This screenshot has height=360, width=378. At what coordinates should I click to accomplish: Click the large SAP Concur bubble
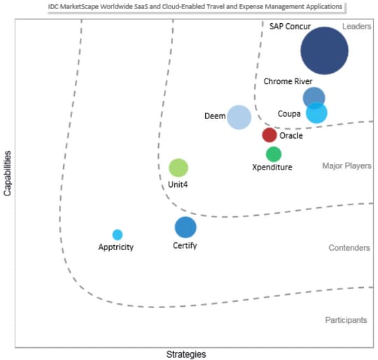click(x=324, y=50)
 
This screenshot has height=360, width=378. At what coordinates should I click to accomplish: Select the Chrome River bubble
click(x=314, y=97)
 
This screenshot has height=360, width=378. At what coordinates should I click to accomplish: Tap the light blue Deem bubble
click(x=239, y=117)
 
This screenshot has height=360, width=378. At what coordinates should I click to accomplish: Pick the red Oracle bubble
click(x=269, y=135)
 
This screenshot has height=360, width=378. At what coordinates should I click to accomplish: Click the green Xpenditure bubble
click(x=274, y=154)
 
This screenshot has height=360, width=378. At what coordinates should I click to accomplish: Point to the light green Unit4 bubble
click(x=178, y=168)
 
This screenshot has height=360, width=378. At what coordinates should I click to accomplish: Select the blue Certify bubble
click(x=185, y=228)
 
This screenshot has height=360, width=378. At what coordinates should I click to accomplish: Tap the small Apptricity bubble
click(x=118, y=235)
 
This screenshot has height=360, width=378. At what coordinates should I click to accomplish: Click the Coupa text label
click(x=289, y=113)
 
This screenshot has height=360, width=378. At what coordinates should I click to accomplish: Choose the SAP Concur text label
click(x=290, y=27)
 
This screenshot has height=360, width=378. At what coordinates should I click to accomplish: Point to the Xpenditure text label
click(x=272, y=167)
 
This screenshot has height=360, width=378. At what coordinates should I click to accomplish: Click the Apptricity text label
click(x=116, y=247)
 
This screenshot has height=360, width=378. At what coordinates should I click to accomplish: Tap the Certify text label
click(x=185, y=246)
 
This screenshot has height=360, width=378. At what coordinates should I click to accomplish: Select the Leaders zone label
click(x=356, y=27)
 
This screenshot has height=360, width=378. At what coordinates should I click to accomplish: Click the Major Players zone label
click(x=346, y=166)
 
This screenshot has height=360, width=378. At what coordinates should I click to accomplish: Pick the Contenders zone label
click(x=349, y=248)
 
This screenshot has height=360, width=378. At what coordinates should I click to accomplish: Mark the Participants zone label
click(x=346, y=320)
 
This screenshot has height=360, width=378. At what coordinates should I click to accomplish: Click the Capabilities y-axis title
click(x=8, y=174)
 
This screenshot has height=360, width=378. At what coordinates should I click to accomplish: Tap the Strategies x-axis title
click(x=186, y=354)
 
